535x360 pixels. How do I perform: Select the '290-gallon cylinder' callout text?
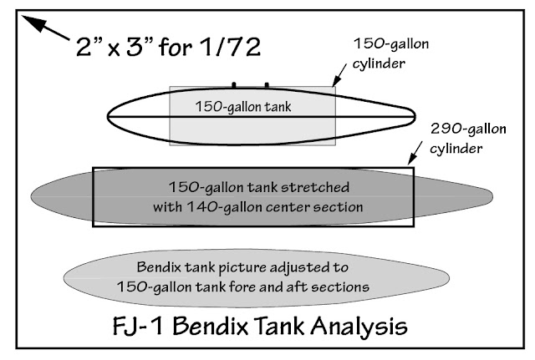464,138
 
